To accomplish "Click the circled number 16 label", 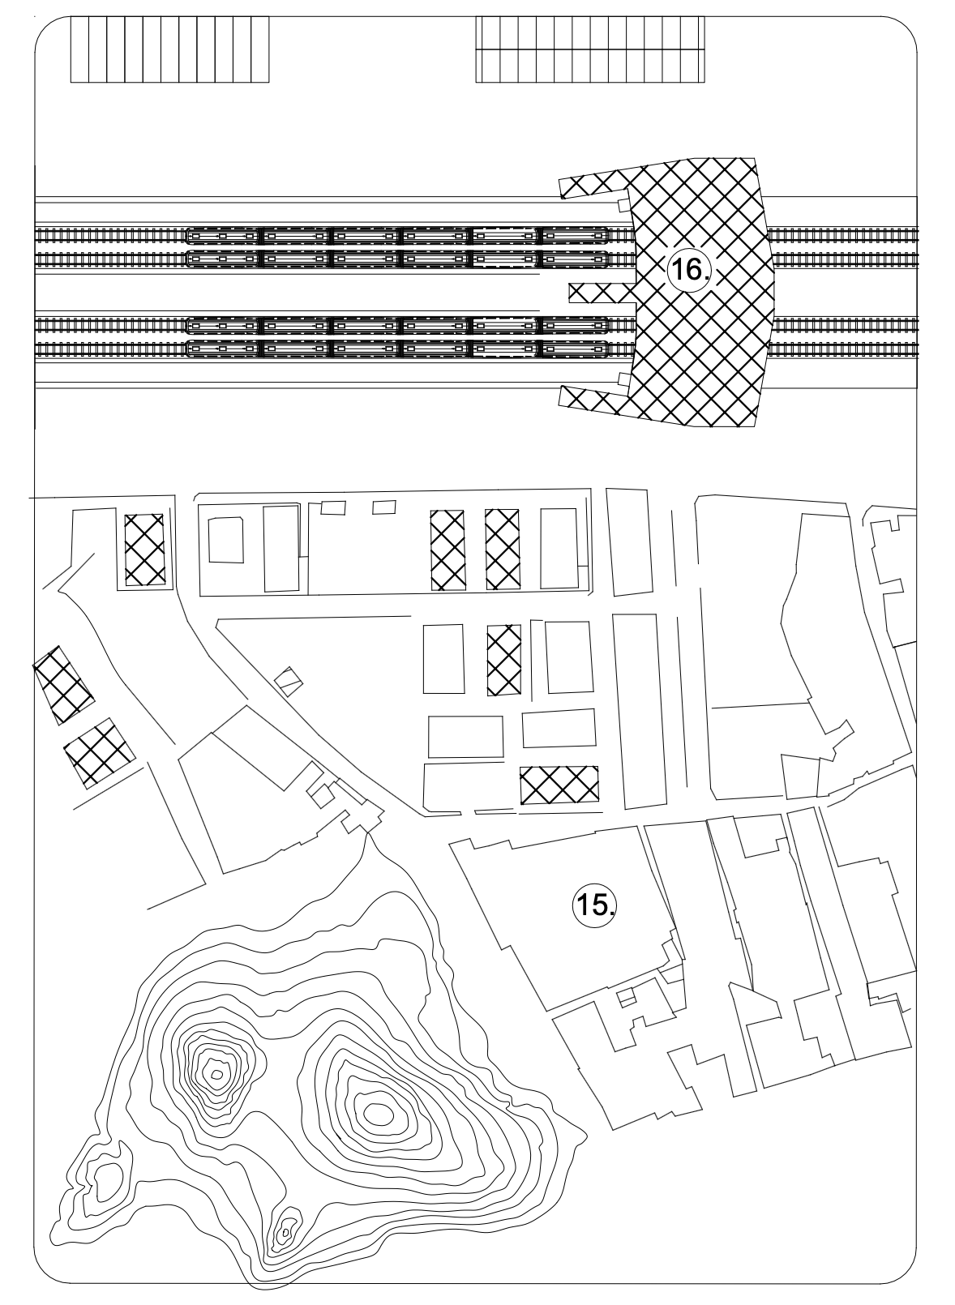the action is pos(688,271).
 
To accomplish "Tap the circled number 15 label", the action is pos(593,906).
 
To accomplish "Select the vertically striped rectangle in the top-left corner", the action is pos(169,49).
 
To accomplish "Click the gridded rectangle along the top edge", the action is pos(589,49).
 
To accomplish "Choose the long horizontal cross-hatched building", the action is pos(559,783).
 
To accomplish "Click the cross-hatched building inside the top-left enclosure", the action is pos(145,549).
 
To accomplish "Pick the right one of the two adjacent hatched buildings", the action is pos(503,550).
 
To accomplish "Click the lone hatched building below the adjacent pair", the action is pos(504,660).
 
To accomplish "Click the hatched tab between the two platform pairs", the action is pos(602,293).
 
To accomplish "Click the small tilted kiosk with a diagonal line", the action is pos(289,681).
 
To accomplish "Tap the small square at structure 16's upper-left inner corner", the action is pos(623,204).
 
